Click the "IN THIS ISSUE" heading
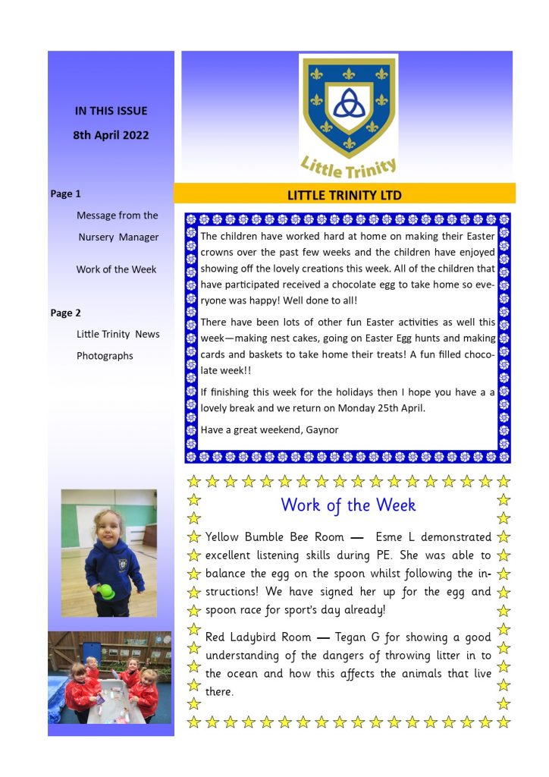click(x=111, y=111)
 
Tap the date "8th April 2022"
click(x=111, y=136)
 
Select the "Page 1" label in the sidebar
click(x=65, y=194)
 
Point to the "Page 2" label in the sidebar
click(x=65, y=313)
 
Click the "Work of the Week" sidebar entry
click(x=116, y=269)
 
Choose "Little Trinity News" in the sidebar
click(x=118, y=334)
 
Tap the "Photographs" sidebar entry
click(x=105, y=356)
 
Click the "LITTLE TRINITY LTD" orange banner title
click(x=344, y=195)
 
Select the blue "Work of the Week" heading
click(x=348, y=505)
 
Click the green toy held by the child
click(x=108, y=591)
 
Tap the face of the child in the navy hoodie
click(x=108, y=527)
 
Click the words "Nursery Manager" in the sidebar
click(x=118, y=237)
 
